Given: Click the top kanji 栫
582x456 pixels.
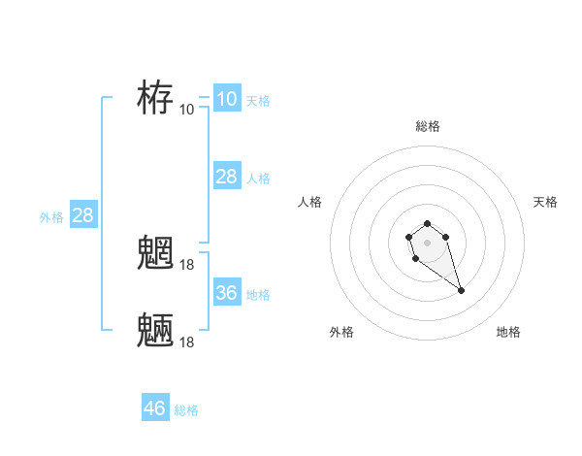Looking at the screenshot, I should tap(155, 98).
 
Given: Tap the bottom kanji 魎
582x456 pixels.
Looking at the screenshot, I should tap(155, 331).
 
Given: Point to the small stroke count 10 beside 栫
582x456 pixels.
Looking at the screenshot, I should tap(187, 109).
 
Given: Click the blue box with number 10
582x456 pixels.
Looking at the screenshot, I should tap(226, 98).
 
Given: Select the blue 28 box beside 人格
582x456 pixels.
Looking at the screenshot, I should tap(226, 176).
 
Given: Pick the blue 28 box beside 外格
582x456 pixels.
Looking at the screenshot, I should tap(82, 215).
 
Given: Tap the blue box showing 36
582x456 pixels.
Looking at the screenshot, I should tap(226, 292).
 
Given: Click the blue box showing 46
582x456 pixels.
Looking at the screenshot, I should tap(155, 407).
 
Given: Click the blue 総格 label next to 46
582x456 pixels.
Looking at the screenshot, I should tap(186, 411).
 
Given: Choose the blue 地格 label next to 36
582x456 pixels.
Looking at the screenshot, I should tap(258, 295).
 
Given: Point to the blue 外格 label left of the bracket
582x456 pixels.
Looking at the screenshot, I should tap(51, 218).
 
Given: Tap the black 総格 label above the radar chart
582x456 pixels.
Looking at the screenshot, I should tap(428, 126).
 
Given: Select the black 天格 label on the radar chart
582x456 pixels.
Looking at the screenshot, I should tap(545, 202).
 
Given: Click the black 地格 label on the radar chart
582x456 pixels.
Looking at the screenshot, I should tap(508, 332).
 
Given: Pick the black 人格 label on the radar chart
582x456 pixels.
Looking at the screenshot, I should tap(310, 202).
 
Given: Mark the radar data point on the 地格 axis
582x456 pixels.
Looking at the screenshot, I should tap(461, 290).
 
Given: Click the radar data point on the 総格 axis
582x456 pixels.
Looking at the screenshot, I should tap(428, 224).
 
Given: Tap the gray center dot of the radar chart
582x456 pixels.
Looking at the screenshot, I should tap(428, 242).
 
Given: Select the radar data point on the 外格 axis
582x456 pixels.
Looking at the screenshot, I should tap(415, 259).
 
